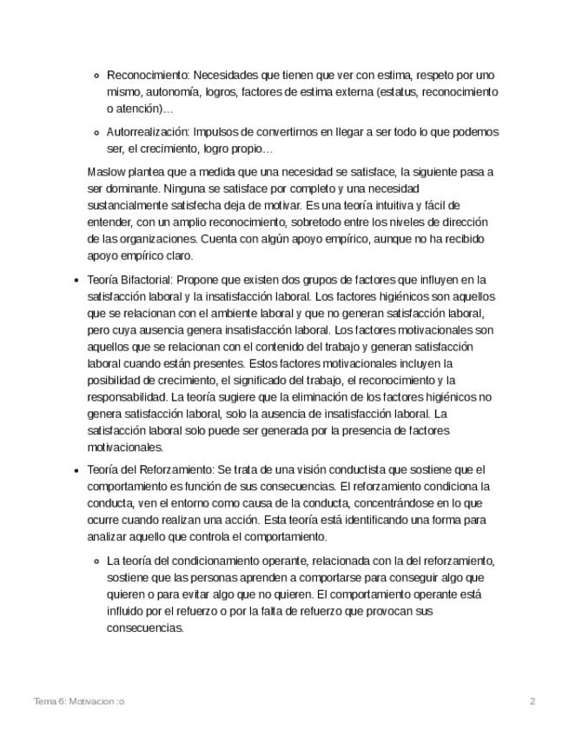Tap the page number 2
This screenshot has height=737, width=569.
533,700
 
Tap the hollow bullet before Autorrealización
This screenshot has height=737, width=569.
96,132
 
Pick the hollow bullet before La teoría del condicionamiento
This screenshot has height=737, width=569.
96,561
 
